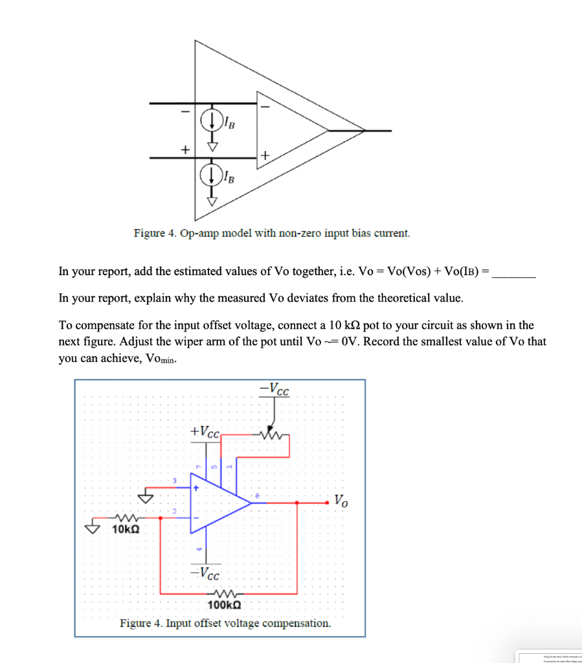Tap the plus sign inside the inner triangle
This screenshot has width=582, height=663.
265,155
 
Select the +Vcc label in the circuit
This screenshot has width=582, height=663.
206,431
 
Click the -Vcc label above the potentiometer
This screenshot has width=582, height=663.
274,390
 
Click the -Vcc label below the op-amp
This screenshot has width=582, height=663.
206,572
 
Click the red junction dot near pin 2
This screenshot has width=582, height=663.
160,517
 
